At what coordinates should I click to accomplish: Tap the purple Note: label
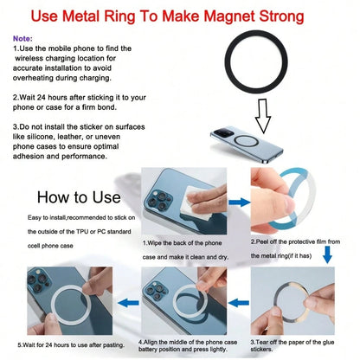pyautogui.click(x=22, y=38)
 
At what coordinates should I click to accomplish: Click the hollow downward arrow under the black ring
pyautogui.click(x=263, y=116)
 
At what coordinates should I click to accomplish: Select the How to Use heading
pyautogui.click(x=79, y=197)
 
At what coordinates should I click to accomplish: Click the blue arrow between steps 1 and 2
pyautogui.click(x=239, y=202)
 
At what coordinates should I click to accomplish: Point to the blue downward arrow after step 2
pyautogui.click(x=327, y=254)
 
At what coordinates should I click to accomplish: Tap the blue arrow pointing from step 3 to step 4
pyautogui.click(x=239, y=303)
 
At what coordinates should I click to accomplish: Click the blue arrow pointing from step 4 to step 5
pyautogui.click(x=128, y=303)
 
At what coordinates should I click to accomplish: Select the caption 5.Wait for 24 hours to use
pyautogui.click(x=71, y=345)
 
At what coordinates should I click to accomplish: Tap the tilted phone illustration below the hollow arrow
pyautogui.click(x=247, y=145)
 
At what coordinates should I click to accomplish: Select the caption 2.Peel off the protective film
pyautogui.click(x=295, y=241)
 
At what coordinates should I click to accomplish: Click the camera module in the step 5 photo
pyautogui.click(x=39, y=280)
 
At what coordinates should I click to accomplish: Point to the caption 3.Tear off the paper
pyautogui.click(x=292, y=345)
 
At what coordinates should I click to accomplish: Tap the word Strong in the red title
pyautogui.click(x=281, y=16)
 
